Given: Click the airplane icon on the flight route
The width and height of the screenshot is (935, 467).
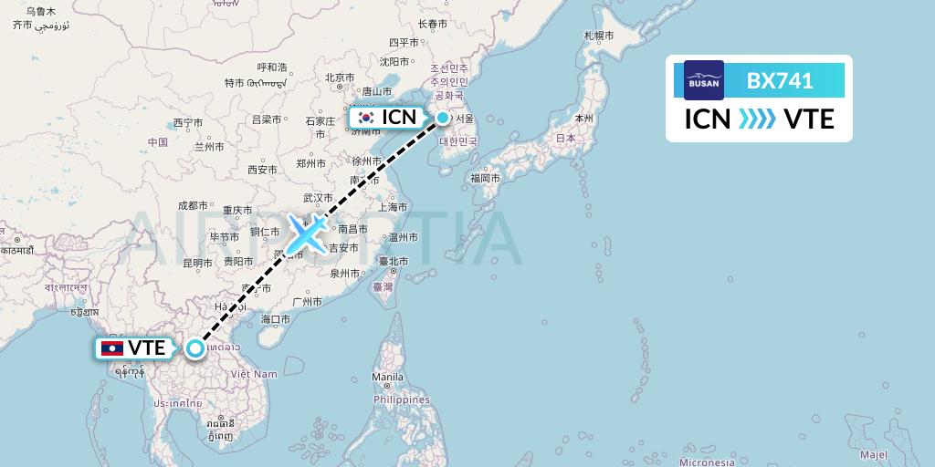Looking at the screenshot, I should point(306,234).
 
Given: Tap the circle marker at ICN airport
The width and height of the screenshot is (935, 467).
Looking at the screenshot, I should point(443,118).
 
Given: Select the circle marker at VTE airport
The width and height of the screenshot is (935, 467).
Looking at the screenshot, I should point(195,348).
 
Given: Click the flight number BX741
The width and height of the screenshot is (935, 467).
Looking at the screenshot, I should point(780,80).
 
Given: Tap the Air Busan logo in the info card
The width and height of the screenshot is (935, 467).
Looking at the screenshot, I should point(704,80).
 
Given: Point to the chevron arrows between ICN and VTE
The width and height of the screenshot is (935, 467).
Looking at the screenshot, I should point(757,119).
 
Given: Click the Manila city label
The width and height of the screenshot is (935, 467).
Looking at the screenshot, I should point(387,377).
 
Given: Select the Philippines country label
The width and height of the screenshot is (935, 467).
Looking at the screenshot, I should point(401,400).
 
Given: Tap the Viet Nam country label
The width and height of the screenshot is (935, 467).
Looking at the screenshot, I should point(254,374).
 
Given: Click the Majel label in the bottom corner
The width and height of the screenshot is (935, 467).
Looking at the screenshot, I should point(873,454).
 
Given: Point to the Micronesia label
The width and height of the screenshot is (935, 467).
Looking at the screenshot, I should point(707,461).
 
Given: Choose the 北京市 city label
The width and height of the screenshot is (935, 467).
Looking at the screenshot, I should point(339,78).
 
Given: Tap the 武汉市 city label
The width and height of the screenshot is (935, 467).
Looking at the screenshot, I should point(319,198).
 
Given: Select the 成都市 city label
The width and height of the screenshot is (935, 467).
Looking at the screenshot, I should point(194,205).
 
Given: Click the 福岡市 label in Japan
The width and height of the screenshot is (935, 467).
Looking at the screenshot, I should point(484,178).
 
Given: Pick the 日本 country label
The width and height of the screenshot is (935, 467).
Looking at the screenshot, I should point(565,138).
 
